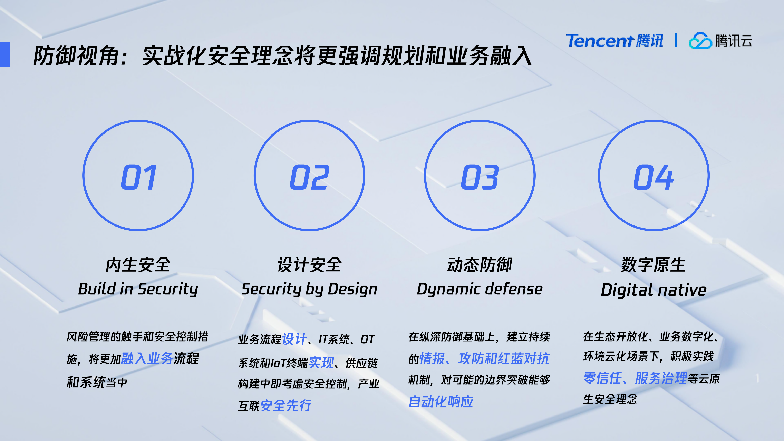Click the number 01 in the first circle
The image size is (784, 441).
pos(139,177)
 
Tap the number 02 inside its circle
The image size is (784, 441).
pos(310,177)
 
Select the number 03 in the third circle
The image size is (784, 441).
pos(480,177)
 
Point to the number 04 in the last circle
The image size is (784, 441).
pos(654,177)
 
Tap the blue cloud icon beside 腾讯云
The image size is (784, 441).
pos(700,41)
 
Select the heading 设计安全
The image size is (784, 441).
pos(310,265)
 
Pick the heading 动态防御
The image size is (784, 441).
pos(480,265)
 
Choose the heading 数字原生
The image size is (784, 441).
pos(654,265)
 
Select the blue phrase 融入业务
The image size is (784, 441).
pos(147,359)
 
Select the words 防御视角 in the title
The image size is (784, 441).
pos(76,56)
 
